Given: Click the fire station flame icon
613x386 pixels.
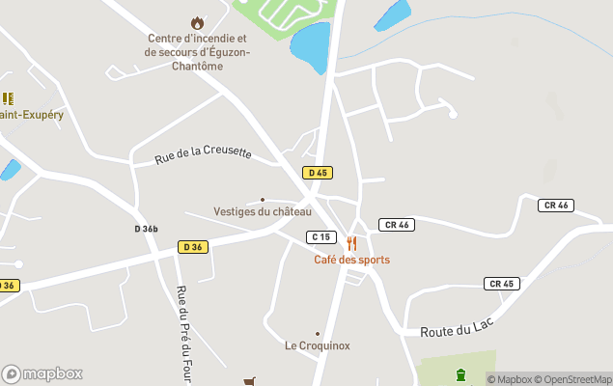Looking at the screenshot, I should tap(198, 22).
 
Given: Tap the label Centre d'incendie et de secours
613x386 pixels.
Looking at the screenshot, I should tap(197, 52).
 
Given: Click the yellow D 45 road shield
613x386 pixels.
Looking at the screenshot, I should tap(317, 173).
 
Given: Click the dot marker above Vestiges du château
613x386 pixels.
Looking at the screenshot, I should tap(263, 200).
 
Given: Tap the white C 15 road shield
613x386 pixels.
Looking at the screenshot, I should tap(320, 237).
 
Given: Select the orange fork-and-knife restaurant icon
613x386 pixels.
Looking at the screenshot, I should tap(351, 244).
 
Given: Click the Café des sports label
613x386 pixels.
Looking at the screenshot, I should tap(351, 260).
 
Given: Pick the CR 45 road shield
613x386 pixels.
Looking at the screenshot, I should tap(502, 284).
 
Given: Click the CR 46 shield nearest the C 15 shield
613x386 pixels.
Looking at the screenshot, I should tap(396, 225).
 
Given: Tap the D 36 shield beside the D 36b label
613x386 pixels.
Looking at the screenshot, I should tap(192, 247).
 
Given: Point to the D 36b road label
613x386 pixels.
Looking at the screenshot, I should tap(146, 229).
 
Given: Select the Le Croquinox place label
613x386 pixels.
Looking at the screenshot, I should tap(317, 345).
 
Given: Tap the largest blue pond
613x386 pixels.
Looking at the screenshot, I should tap(310, 47).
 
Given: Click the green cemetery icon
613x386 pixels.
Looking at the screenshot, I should tap(460, 374).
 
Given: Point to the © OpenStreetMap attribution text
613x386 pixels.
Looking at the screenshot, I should tap(576, 379).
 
